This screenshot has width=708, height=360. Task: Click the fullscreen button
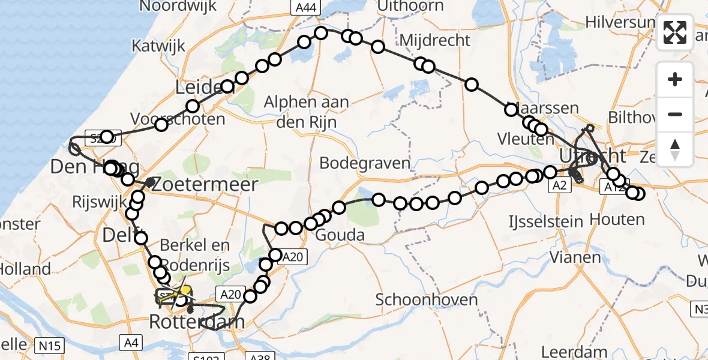point(675,32)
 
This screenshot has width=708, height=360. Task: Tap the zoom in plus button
point(675,79)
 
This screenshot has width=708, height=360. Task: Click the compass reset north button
point(675,148)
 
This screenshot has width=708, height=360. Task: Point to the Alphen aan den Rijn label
point(307,111)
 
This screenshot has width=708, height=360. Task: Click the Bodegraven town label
point(365,163)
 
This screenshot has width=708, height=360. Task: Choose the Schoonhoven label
point(427,299)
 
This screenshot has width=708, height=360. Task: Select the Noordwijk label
point(169,7)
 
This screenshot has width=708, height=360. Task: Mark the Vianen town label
point(575,257)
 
